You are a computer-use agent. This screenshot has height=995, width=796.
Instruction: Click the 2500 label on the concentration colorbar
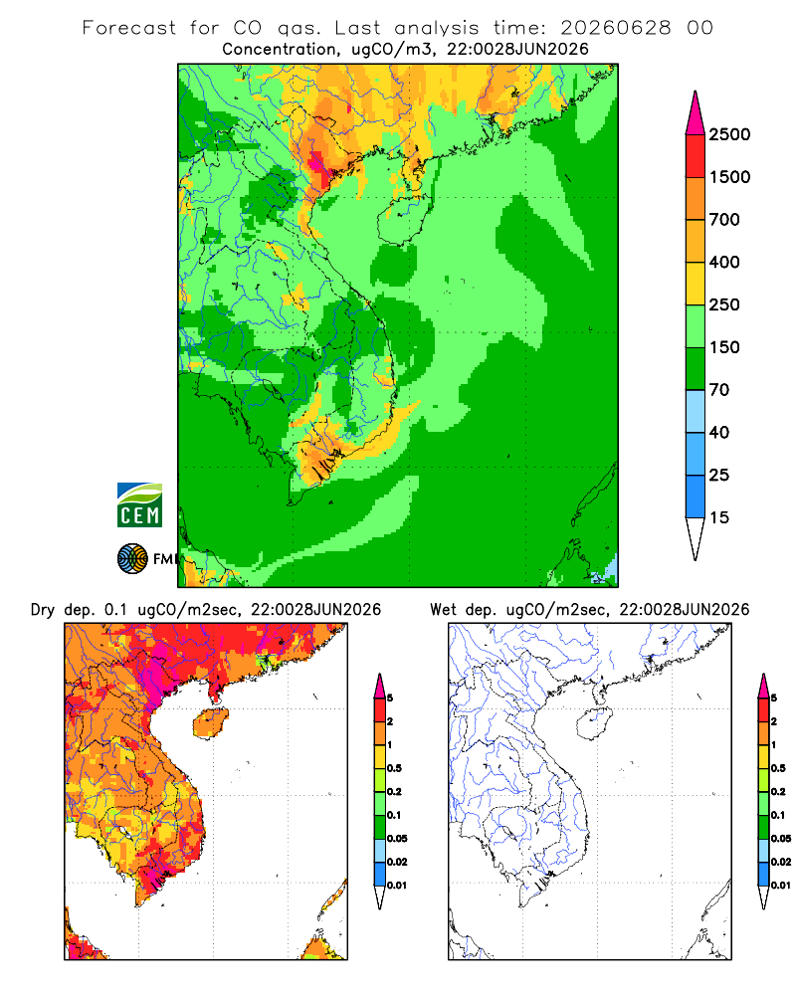pos(729,134)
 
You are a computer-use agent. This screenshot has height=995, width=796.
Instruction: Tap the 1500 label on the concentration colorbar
pos(729,177)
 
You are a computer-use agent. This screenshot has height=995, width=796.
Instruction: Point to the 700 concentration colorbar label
pos(724,220)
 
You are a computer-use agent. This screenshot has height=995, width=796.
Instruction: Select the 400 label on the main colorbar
pos(724,262)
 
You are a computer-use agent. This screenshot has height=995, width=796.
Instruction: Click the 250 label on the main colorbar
pos(724,304)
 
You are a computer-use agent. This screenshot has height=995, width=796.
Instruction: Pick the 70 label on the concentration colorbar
pos(719,390)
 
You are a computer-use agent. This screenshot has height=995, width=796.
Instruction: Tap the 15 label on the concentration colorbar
pos(719,517)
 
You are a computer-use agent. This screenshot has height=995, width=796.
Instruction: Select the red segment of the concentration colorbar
pos(696,155)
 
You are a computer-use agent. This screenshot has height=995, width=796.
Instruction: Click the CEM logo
pos(139,505)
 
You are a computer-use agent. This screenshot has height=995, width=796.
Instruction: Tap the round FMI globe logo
pos(132,559)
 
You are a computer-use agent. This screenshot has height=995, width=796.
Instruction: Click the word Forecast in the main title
pos(129,28)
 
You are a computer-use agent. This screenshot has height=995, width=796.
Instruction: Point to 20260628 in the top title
pos(615,28)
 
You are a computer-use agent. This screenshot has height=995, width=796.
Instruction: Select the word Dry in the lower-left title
pos(43,610)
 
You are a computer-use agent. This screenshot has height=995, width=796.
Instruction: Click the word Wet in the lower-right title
pos(443,610)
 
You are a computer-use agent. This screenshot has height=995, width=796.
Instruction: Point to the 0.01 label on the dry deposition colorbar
pos(397,886)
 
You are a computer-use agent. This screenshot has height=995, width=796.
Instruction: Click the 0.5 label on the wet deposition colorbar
pos(777,768)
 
